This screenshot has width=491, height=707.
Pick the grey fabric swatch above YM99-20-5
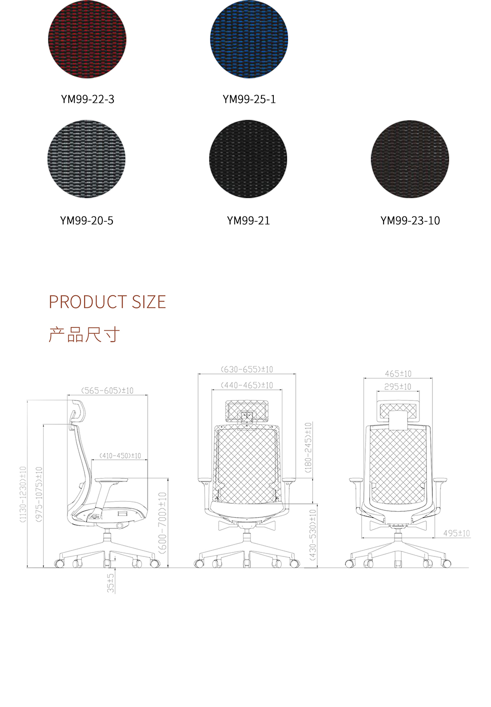[x=87, y=159]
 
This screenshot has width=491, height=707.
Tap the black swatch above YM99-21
[x=248, y=159]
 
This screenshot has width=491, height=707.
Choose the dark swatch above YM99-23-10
[x=410, y=159]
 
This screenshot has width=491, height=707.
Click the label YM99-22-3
[x=87, y=99]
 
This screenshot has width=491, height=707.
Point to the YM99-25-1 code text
[x=249, y=99]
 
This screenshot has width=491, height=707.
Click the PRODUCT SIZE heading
[x=107, y=302]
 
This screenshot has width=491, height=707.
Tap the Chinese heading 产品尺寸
[x=84, y=335]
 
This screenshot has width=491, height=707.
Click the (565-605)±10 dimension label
[x=107, y=391]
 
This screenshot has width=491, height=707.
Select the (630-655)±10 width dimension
[x=247, y=369]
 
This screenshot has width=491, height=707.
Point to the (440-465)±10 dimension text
[x=247, y=385]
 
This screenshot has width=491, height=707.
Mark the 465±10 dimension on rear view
[x=398, y=374]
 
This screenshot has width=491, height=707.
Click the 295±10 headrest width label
[x=398, y=387]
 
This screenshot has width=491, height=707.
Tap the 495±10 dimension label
[x=456, y=533]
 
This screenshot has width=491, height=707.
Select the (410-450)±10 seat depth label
[x=120, y=455]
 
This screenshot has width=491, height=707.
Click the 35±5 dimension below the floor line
[x=111, y=583]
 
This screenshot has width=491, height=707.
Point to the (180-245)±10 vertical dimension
[x=308, y=447]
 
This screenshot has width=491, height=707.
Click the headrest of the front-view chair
[x=247, y=411]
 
